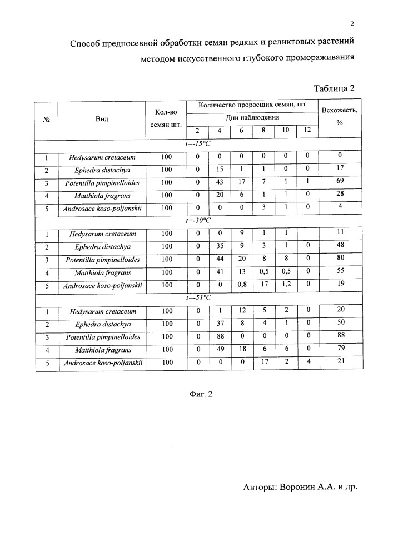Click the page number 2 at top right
[x=352, y=24]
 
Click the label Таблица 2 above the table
[x=334, y=88]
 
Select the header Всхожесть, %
[x=339, y=116]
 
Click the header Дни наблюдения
[x=251, y=117]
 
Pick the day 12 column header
[x=307, y=131]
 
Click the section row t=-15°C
[x=198, y=144]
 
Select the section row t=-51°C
[x=198, y=298]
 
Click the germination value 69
[x=339, y=182]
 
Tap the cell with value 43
[x=220, y=182]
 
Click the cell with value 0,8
[x=242, y=285]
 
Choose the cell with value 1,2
[x=286, y=285]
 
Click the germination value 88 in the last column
[x=339, y=337]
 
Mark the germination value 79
[x=339, y=350]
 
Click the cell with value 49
[x=220, y=350]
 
